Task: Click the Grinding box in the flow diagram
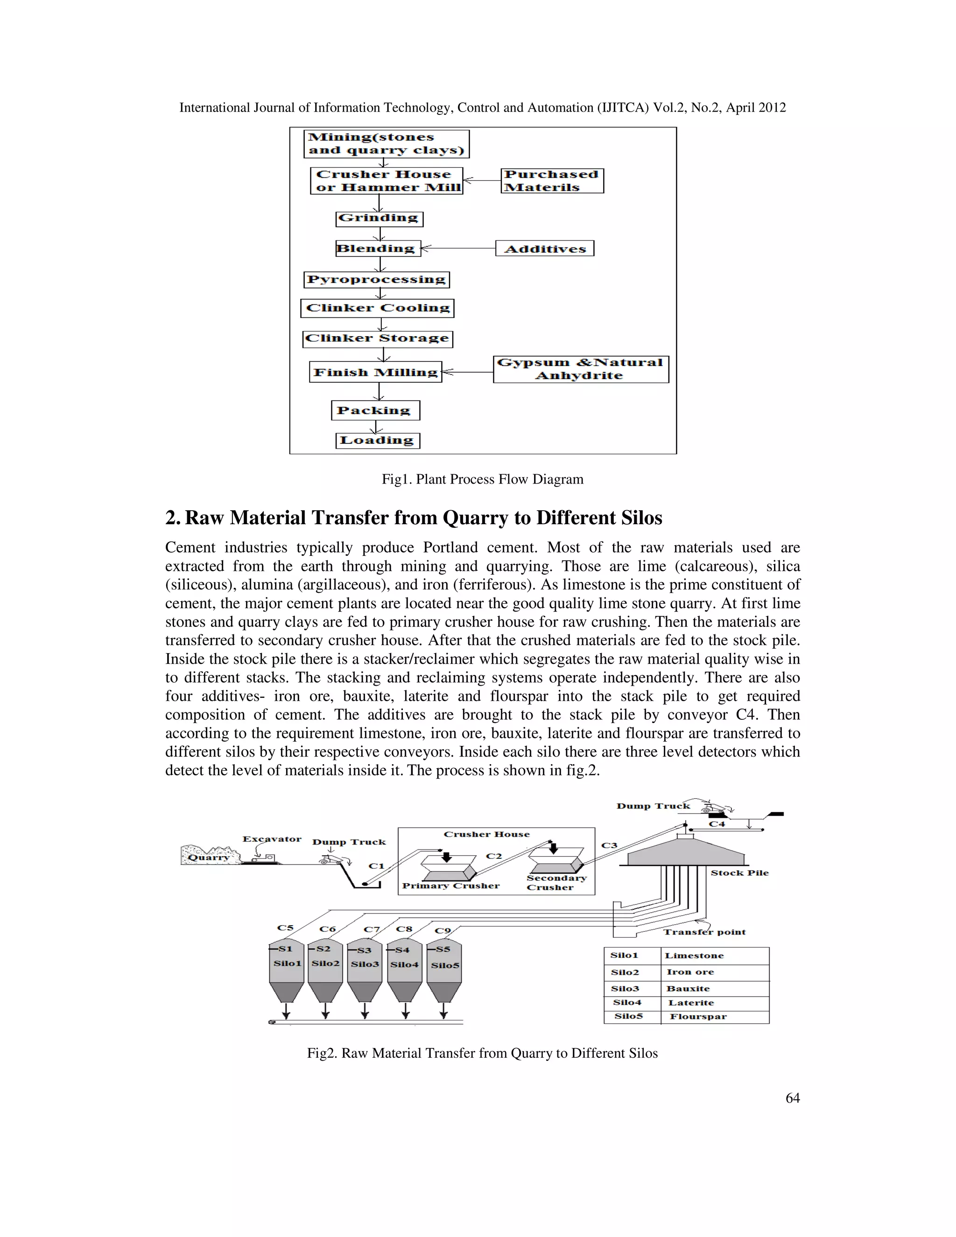tap(379, 218)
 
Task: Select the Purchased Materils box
tap(552, 181)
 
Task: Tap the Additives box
tap(544, 249)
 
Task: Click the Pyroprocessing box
tap(376, 280)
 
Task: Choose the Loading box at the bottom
tap(377, 441)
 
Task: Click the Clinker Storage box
tap(377, 339)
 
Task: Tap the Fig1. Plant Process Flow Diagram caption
tap(482, 479)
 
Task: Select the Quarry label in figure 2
tap(208, 857)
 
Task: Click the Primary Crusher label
tap(451, 886)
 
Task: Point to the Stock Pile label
tap(739, 873)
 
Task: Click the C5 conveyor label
tap(285, 928)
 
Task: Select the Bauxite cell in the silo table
tap(688, 988)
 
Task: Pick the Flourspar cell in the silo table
tap(698, 1017)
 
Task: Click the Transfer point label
tap(704, 932)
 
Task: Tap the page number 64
tap(792, 1098)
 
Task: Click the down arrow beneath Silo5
tap(443, 1011)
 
